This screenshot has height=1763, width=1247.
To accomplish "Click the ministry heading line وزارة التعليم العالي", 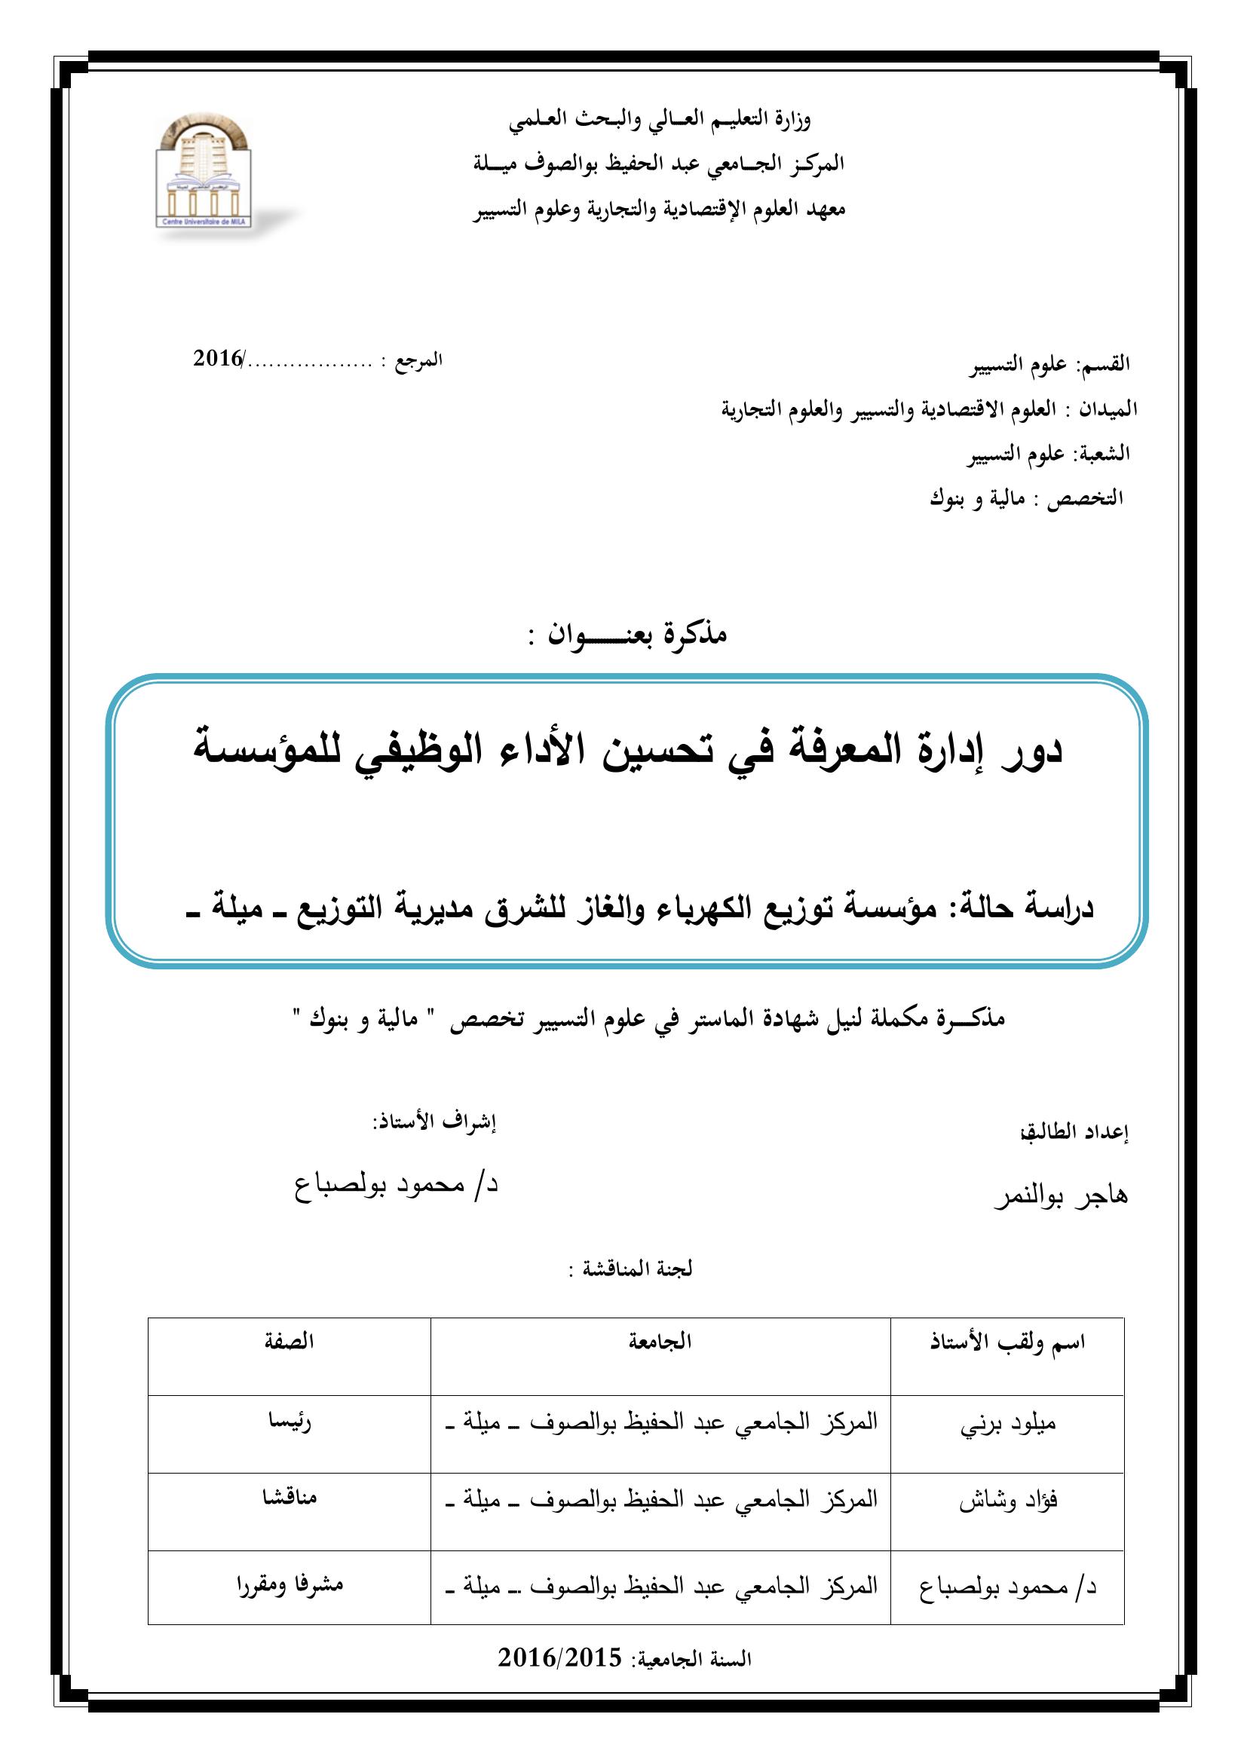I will pyautogui.click(x=660, y=120).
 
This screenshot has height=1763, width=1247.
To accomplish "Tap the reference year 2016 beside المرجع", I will pyautogui.click(x=217, y=359).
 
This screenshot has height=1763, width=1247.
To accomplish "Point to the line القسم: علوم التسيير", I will pyautogui.click(x=1049, y=365).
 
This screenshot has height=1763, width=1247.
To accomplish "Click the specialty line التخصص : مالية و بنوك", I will pyautogui.click(x=1027, y=498).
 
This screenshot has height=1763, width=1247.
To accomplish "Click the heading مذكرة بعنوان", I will pyautogui.click(x=627, y=634).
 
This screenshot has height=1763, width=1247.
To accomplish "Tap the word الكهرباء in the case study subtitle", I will pyautogui.click(x=698, y=909).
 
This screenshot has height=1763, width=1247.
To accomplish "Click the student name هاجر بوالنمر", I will pyautogui.click(x=1062, y=1197).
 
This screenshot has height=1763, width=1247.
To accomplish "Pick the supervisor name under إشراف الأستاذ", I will pyautogui.click(x=397, y=1184).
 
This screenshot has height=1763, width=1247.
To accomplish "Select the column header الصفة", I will pyautogui.click(x=290, y=1342).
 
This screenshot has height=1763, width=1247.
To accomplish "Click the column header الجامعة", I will pyautogui.click(x=660, y=1342).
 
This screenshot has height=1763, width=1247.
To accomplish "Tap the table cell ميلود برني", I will pyautogui.click(x=1008, y=1423).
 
